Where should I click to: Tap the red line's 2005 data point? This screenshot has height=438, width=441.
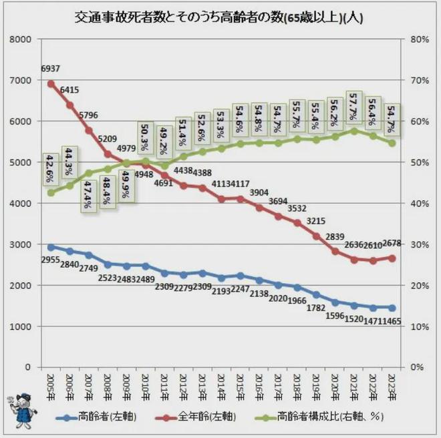51,83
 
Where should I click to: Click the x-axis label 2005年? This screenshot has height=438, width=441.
51,386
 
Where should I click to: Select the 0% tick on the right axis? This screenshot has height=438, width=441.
416,367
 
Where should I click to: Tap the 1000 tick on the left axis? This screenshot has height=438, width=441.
21,326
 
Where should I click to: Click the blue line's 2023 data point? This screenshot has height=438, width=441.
392,308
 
